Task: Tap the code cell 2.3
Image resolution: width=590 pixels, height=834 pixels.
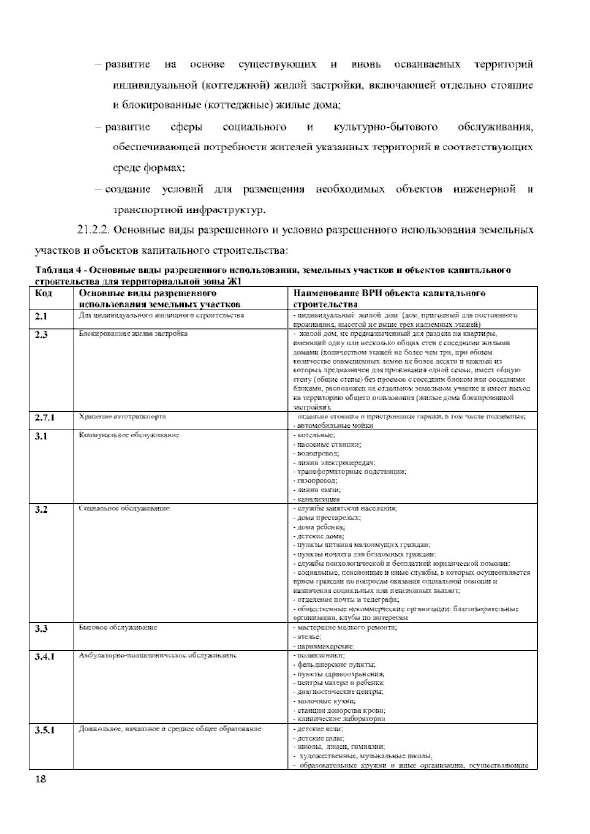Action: point(41,335)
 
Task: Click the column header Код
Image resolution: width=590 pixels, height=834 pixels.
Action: point(43,294)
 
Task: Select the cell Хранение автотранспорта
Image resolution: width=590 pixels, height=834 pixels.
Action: point(122,417)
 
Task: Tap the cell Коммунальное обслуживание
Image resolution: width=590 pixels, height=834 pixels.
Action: point(129,435)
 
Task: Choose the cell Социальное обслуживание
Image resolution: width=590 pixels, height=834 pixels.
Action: point(124,508)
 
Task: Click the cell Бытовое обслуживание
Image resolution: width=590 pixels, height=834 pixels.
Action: point(118,628)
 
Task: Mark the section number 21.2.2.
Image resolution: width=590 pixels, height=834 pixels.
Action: point(96,230)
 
